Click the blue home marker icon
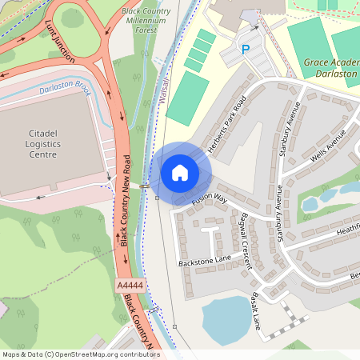point(180,172)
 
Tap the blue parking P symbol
point(246,50)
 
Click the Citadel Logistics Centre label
point(33,142)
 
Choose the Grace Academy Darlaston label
point(331,67)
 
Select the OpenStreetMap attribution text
point(80,354)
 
